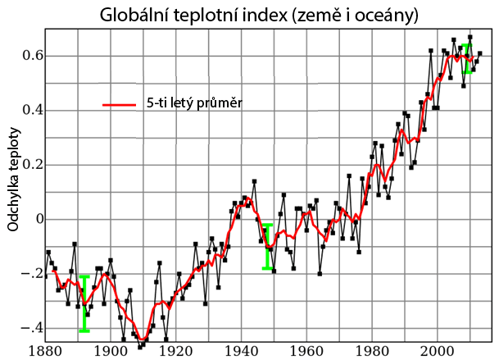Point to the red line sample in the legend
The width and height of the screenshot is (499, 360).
coord(117,104)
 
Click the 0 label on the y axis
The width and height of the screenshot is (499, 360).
coord(38,219)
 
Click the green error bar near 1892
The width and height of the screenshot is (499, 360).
coord(84,303)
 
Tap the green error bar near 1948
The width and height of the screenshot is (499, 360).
coord(267,246)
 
